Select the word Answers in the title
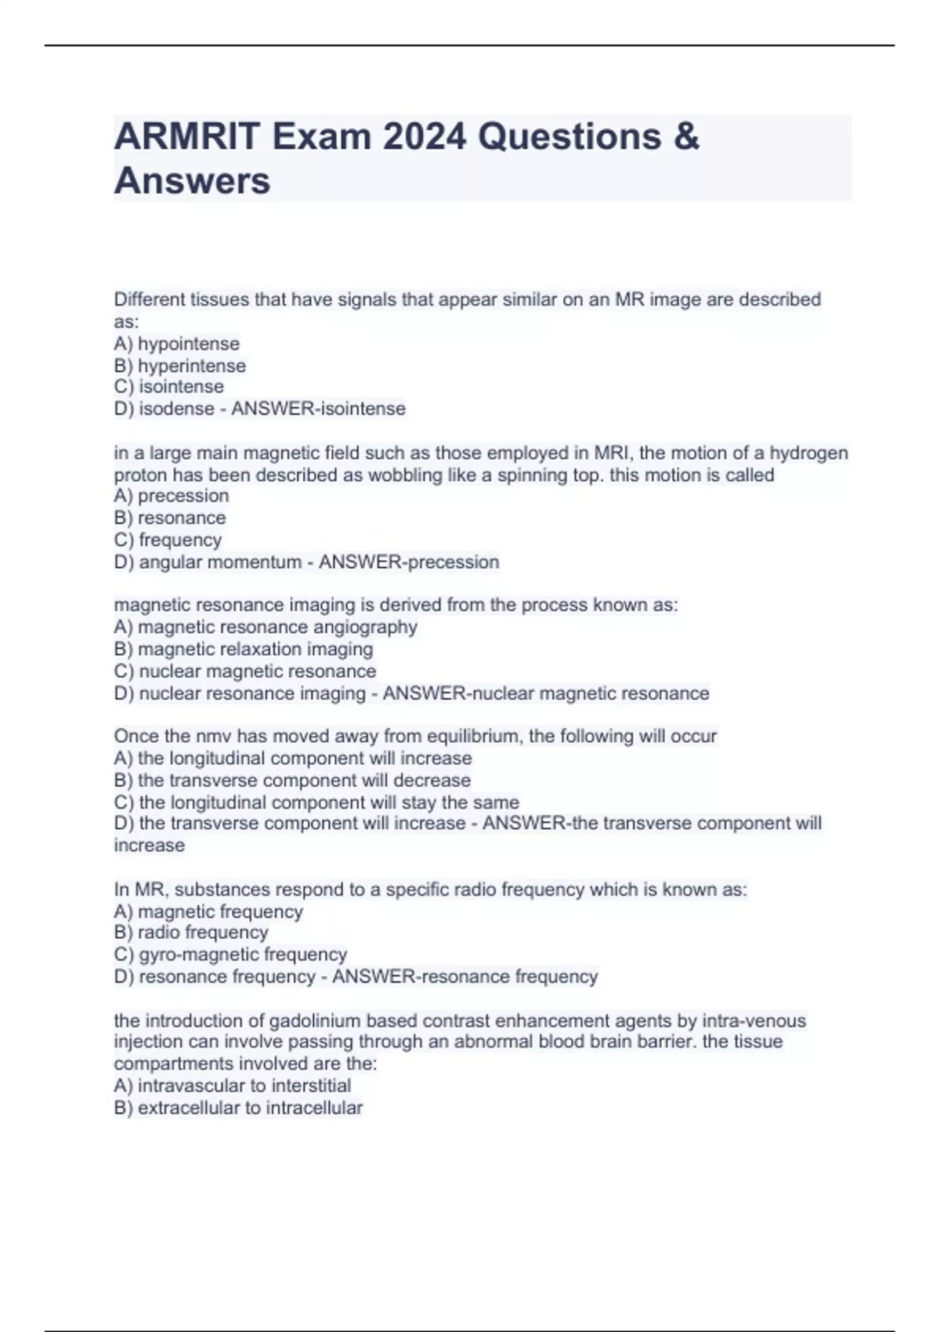[x=192, y=181]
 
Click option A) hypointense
[x=177, y=344]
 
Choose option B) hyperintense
[x=180, y=366]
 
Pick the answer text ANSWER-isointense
[x=318, y=409]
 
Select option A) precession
[x=172, y=496]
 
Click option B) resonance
[x=170, y=518]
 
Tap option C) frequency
[x=168, y=540]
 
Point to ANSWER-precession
[x=408, y=562]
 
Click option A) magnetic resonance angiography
[x=266, y=627]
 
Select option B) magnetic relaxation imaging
[x=244, y=649]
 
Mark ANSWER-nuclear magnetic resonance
[x=545, y=693]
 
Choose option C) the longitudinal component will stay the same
[x=316, y=802]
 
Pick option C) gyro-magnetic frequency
[x=230, y=954]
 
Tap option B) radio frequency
[x=191, y=932]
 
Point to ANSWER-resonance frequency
[x=465, y=976]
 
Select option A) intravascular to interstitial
[x=233, y=1085]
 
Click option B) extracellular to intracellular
[x=238, y=1108]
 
